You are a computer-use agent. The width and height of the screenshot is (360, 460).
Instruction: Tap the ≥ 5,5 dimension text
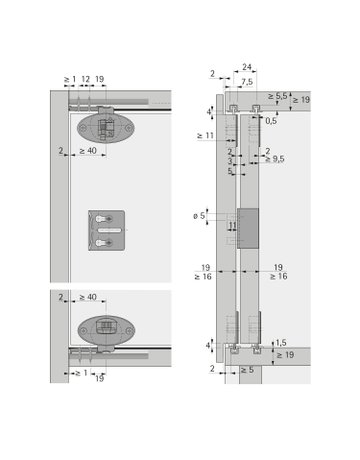[279, 95]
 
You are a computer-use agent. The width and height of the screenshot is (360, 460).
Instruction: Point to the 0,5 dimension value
[271, 120]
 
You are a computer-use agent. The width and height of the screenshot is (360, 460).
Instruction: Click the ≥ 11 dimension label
[206, 134]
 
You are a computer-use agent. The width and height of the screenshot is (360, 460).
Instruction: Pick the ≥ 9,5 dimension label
[272, 159]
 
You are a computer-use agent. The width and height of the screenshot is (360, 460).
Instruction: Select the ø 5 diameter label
[201, 216]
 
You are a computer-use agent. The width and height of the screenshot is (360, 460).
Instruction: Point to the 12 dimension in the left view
[85, 78]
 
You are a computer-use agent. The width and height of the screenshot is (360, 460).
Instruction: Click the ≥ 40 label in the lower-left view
[87, 297]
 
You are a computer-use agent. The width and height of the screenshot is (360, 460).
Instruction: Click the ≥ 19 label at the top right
[299, 100]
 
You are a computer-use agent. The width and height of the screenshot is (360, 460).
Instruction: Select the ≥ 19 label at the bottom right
[286, 355]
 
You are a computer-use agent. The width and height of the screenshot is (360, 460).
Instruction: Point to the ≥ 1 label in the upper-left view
[69, 78]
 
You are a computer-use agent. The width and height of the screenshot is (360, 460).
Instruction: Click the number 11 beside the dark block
[232, 227]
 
